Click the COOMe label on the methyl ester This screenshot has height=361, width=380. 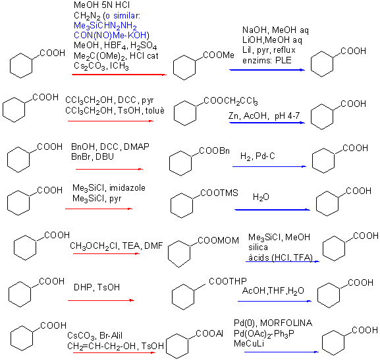click(219, 55)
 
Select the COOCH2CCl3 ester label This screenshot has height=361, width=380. click(231, 101)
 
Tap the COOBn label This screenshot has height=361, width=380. click(214, 151)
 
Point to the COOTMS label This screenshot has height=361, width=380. click(219, 193)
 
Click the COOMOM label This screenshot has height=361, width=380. click(219, 240)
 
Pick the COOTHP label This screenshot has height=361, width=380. click(228, 281)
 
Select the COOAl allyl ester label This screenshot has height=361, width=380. click(209, 333)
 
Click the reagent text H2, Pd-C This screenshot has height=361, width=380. click(258, 156)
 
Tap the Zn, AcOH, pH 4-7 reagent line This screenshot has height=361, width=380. click(264, 115)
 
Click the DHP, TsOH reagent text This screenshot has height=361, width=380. click(97, 287)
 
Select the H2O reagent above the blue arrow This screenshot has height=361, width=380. click(261, 197)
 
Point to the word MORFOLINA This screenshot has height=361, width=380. click(286, 323)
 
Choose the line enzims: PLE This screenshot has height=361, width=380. click(267, 60)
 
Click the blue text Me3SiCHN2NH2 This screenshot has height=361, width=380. click(105, 26)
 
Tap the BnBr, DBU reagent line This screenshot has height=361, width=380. click(92, 156)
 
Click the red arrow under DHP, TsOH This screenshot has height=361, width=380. click(101, 300)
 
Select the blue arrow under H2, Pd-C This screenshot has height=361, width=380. click(269, 167)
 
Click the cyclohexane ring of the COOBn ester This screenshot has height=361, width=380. click(180, 163)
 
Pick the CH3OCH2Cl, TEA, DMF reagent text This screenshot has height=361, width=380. click(117, 246)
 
